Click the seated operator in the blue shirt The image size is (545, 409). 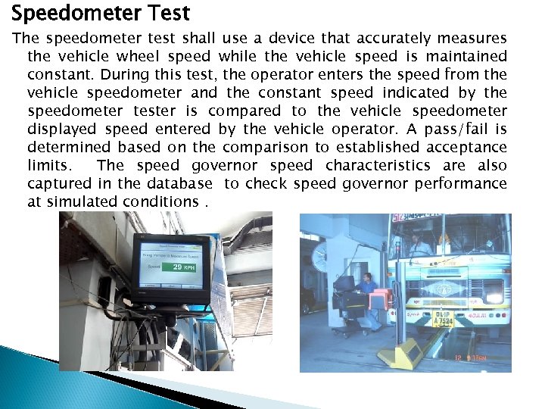(x=369, y=288)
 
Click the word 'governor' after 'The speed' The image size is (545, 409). (x=223, y=165)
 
